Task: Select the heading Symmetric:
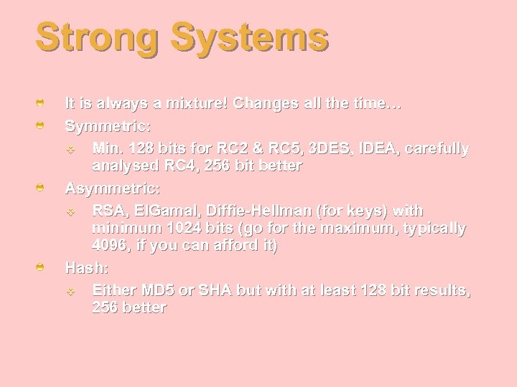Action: coord(108,126)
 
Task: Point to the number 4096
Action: coord(113,246)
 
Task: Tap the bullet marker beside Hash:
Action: coord(42,267)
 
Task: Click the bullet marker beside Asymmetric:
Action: coord(42,188)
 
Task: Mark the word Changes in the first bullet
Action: coord(267,104)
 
